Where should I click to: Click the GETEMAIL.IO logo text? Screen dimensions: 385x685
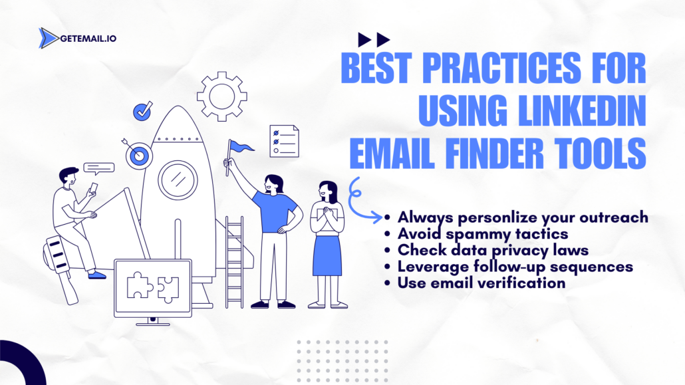(88, 39)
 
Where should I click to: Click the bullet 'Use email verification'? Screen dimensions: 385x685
(481, 283)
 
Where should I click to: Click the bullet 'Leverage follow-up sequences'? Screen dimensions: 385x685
(515, 267)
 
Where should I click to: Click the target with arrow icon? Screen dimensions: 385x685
(138, 154)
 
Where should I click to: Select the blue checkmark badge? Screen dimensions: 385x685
(142, 111)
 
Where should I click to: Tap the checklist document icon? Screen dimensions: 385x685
(284, 142)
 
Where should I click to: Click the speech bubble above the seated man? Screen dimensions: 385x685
(99, 169)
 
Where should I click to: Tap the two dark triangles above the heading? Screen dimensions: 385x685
(374, 39)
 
